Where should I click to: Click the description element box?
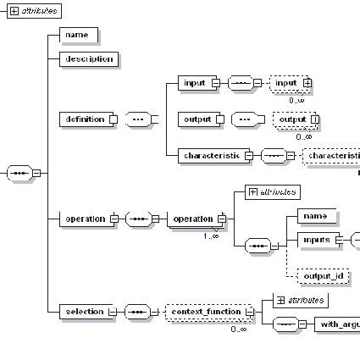coord(89,59)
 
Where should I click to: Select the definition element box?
coord(85,119)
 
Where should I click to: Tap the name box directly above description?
coord(79,35)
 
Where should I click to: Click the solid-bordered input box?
coord(196,83)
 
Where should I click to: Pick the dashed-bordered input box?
coord(287,83)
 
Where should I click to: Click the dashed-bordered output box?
coord(294,119)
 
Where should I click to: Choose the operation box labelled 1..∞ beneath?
coord(193,219)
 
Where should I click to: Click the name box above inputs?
coord(317,216)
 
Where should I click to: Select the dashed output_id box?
coord(323,276)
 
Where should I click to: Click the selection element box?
coord(85,313)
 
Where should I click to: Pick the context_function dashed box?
coord(206,313)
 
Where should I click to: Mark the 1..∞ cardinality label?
coord(210,235)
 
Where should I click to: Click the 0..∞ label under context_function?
coord(239,329)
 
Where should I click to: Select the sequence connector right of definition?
coord(137,119)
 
